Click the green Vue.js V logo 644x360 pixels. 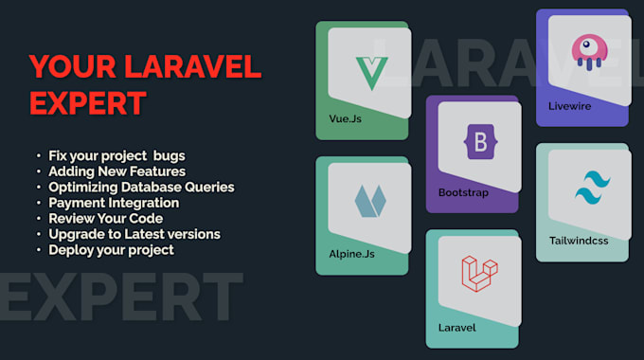[x=370, y=73]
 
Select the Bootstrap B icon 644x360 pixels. [x=480, y=144]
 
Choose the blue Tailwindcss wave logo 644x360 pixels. [x=591, y=188]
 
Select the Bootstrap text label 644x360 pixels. [x=463, y=192]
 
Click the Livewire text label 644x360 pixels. [x=570, y=106]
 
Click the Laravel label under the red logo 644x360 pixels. [x=456, y=328]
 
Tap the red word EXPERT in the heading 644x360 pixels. [x=87, y=102]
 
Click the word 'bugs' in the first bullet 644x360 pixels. [x=181, y=154]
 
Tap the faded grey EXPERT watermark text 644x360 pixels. [x=118, y=297]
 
